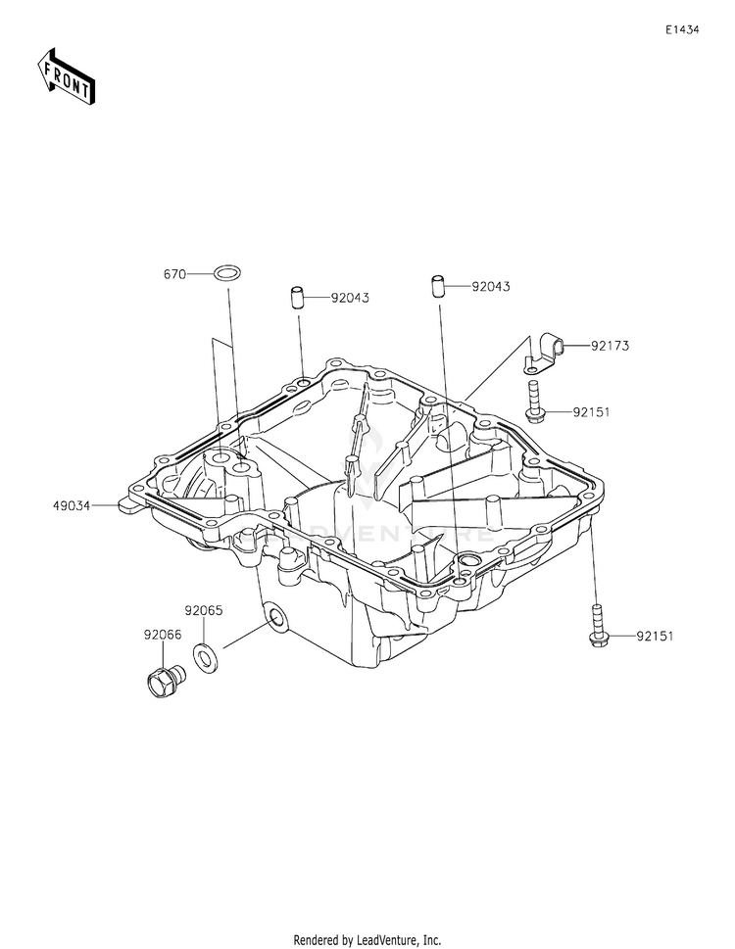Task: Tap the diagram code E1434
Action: point(682,30)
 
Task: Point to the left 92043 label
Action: point(349,297)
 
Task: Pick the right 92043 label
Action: point(490,287)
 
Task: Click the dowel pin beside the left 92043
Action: point(296,297)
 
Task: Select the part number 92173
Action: point(610,346)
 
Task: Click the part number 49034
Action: point(73,506)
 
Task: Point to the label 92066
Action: point(163,635)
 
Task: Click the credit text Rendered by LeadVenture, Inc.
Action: point(367,939)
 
